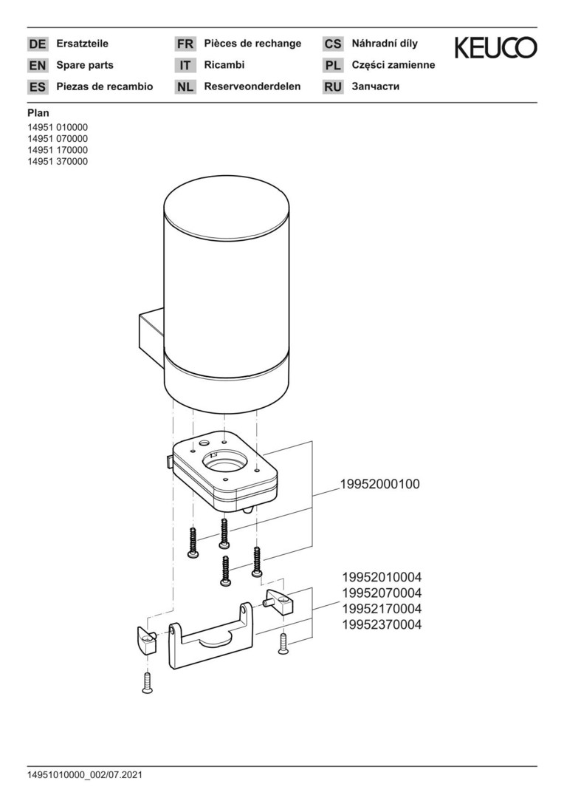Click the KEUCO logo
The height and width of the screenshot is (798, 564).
pos(495,47)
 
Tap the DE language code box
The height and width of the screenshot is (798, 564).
pos(38,44)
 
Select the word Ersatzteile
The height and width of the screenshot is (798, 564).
pos(83,44)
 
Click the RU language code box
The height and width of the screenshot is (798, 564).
pos(333,86)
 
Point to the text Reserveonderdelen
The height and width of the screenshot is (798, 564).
pos(252,86)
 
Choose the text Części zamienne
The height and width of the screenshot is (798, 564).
pos(393,65)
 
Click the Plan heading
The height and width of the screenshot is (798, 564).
pos(38,114)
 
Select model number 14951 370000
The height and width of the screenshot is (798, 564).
pos(58,161)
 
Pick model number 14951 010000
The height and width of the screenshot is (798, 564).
pos(58,127)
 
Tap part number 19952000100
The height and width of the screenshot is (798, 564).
pos(380,484)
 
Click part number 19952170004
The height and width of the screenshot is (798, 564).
pos(382,609)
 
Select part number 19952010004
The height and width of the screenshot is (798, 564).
pos(382,577)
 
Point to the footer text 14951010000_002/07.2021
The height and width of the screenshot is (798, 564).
pos(85,776)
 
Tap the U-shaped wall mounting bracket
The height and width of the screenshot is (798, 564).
pos(210,637)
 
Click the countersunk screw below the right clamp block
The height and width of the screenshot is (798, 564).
pos(283,643)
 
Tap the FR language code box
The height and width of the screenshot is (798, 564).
pos(185,44)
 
